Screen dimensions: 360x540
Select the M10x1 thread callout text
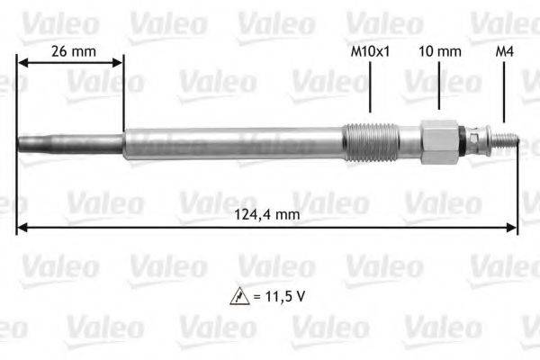click(371, 50)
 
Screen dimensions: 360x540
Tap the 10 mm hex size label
click(438, 50)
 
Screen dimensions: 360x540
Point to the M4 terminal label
click(505, 50)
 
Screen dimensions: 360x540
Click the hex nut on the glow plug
click(438, 142)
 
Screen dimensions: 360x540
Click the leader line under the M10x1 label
click(371, 90)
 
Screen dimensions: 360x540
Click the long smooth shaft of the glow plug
click(234, 142)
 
